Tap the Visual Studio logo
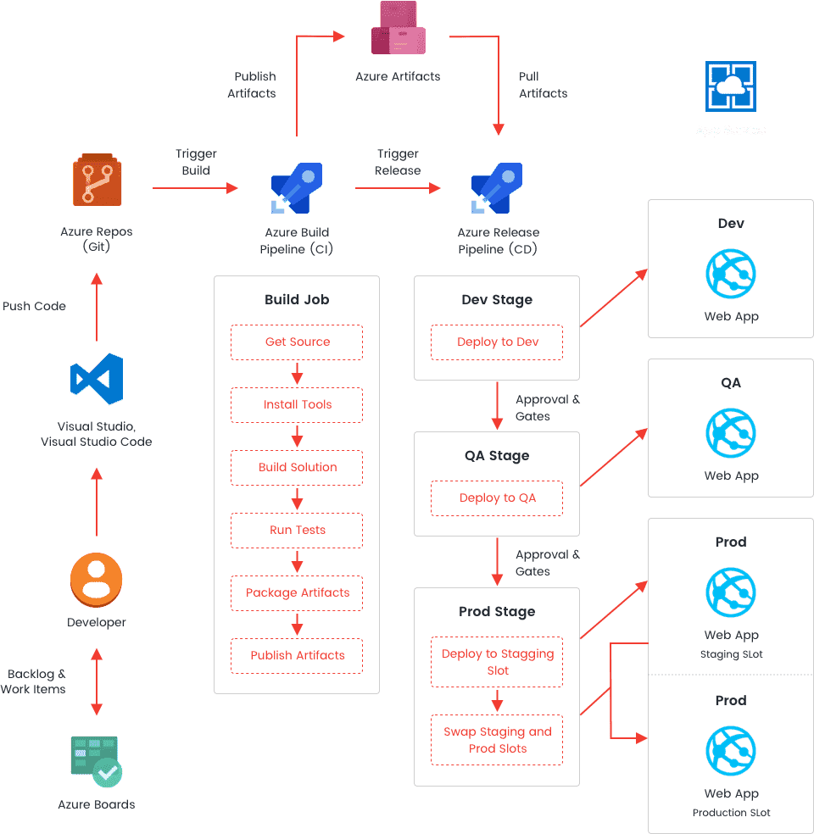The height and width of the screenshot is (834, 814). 98,379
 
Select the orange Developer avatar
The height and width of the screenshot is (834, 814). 97,581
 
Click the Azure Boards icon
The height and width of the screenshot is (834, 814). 96,760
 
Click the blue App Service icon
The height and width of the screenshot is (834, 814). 730,86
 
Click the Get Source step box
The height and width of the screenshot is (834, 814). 297,342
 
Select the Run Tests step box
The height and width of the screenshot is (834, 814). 297,530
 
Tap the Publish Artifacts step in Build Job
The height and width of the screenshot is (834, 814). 297,655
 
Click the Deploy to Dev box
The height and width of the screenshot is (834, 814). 497,342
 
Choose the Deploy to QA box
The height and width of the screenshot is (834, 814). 497,498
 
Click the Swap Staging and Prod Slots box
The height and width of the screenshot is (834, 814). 497,740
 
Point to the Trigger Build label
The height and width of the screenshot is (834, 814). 196,162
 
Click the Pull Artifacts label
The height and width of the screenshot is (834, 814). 543,85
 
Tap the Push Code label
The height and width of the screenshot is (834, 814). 34,306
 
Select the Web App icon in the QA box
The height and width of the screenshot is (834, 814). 730,433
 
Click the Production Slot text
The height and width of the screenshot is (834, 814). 731,813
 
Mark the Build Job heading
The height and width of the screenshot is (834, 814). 297,299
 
